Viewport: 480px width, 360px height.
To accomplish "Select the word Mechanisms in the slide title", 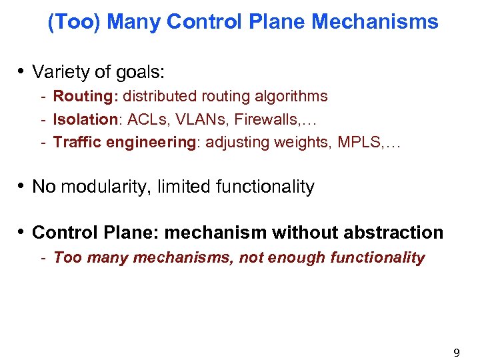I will [375, 22].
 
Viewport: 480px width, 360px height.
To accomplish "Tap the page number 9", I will [457, 353].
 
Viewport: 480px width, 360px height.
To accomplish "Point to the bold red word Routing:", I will [85, 97].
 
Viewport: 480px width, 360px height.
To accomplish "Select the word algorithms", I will [291, 97].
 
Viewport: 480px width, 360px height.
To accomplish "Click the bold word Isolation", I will [85, 119].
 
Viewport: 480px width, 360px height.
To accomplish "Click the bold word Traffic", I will [75, 142].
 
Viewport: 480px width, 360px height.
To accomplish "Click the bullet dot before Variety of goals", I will [22, 71].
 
